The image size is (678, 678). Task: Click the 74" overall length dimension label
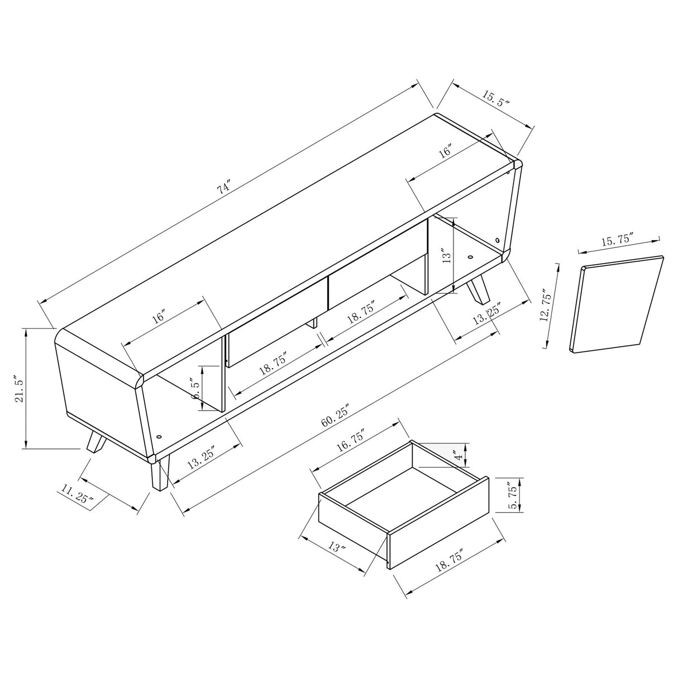[x=224, y=188]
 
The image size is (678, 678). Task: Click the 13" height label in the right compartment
[x=446, y=255]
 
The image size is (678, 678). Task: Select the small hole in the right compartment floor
[x=470, y=258]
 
